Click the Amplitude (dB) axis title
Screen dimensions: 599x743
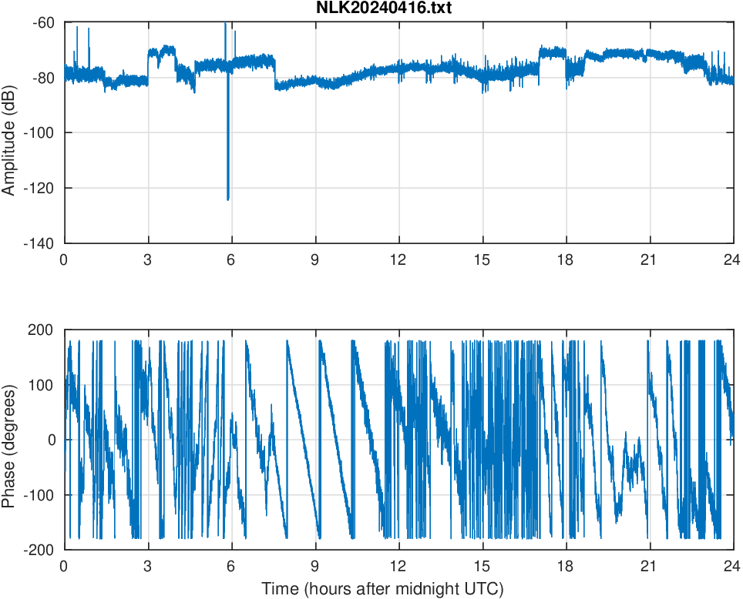[9, 133]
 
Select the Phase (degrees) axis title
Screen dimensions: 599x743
[9, 440]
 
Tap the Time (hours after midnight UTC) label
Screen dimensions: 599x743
[382, 589]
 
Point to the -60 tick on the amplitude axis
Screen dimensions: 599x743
[43, 22]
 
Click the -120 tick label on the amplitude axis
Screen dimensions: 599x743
[40, 188]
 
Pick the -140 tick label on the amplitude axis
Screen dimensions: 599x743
[40, 243]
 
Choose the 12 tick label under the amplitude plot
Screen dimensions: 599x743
[398, 259]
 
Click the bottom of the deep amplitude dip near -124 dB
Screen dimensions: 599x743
[228, 199]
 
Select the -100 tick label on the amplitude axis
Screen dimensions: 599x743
[40, 133]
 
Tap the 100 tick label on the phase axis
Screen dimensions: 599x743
[43, 385]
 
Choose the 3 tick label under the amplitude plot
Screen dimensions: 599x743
[148, 259]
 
